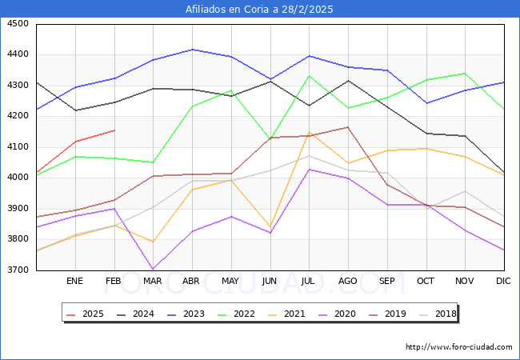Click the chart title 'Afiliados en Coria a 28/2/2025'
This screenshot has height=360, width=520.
(x=259, y=10)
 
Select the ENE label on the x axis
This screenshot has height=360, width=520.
(x=74, y=281)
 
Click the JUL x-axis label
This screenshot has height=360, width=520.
(x=309, y=281)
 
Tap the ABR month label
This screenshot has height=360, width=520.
(x=191, y=281)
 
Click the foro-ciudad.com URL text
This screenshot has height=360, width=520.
(x=458, y=347)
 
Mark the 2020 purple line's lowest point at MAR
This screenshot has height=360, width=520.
(x=153, y=270)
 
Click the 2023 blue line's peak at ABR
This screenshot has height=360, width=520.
(x=192, y=50)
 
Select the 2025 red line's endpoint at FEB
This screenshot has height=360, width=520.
(x=114, y=130)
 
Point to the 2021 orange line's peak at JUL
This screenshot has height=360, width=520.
(x=309, y=133)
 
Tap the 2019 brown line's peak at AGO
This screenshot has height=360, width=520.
(x=348, y=127)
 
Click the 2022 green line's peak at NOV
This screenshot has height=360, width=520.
(x=465, y=74)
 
